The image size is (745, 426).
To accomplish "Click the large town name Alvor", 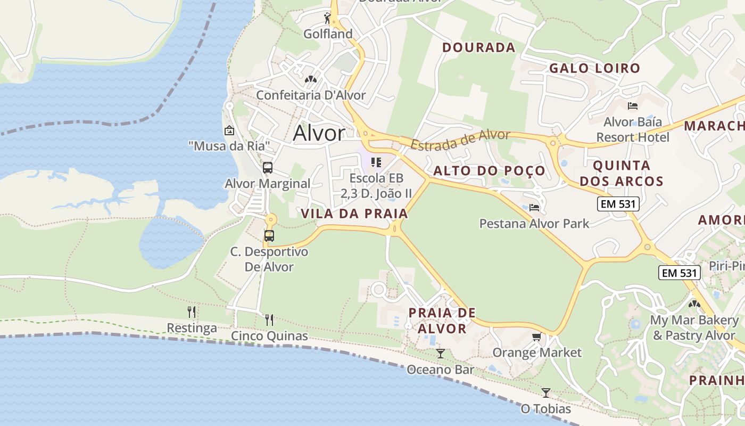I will tap(319, 133).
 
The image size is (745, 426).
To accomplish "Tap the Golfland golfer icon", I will tap(328, 19).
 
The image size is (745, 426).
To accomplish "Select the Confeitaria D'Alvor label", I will tap(311, 95).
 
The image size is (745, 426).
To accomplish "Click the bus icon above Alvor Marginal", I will tap(268, 168).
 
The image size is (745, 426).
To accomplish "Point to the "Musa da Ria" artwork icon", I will tap(229, 130).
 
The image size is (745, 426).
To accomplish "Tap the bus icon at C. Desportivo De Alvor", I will tap(269, 235).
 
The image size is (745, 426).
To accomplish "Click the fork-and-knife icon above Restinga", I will tap(192, 312).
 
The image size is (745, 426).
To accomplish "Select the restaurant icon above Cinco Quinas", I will tap(269, 319).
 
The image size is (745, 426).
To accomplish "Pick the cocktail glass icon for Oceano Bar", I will tap(440, 354).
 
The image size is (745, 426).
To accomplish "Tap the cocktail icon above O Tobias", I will tap(545, 393).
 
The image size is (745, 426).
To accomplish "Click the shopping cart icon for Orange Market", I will tap(536, 337).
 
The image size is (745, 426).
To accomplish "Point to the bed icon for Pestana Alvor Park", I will tap(534, 207).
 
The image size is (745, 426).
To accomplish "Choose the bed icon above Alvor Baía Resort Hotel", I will tap(633, 105).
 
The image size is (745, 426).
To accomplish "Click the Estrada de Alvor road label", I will tap(460, 139).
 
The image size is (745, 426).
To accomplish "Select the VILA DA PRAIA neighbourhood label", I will tap(354, 214).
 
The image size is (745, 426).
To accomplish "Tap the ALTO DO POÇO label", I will tap(490, 170).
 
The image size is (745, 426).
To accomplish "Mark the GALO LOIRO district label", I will tap(594, 68).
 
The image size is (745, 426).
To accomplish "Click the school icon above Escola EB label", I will tap(376, 162).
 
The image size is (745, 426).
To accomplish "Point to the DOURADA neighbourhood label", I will tap(479, 47).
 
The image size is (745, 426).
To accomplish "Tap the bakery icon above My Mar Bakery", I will tap(694, 304).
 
